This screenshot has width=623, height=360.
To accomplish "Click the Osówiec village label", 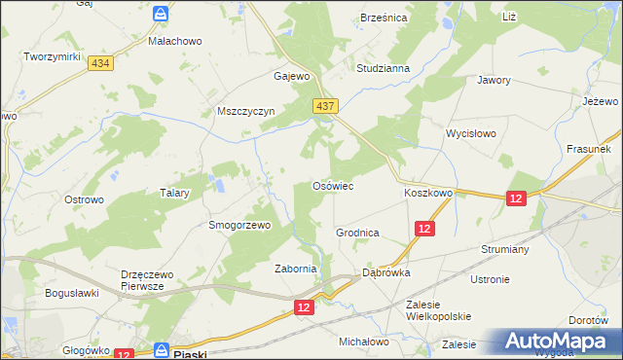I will pos(331,185).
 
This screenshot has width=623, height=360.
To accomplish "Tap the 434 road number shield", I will pos(98,62).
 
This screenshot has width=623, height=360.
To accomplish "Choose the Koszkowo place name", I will pos(428,193).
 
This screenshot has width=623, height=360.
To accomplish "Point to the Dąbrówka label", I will pos(386,273).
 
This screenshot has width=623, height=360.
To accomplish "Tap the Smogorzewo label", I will pos(238,225).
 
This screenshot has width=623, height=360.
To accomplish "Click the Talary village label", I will pos(173,193).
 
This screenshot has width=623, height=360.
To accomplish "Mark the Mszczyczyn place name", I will pos(246,111).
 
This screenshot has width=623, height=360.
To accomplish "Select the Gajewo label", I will pos(292,76).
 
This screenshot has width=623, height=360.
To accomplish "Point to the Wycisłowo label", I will pos(471,133).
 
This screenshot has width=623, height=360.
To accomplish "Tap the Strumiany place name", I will pos(504,249).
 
